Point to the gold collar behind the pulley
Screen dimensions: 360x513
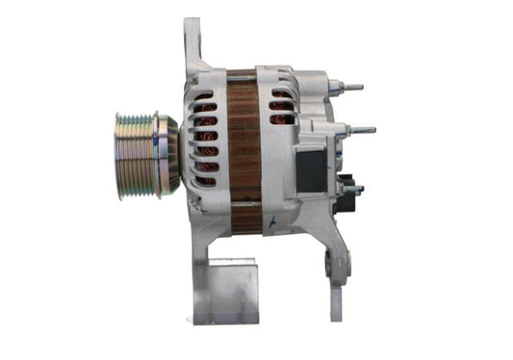[167, 154]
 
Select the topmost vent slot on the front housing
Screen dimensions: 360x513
[204, 96]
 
